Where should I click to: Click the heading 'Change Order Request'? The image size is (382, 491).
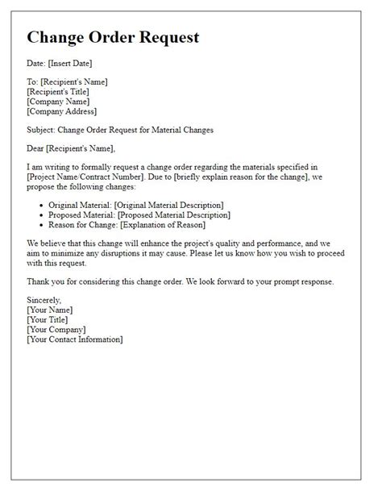click(x=113, y=38)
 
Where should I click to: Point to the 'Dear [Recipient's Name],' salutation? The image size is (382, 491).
click(x=71, y=148)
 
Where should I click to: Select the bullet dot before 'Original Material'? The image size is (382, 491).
click(x=42, y=205)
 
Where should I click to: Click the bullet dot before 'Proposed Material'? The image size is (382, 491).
click(x=42, y=215)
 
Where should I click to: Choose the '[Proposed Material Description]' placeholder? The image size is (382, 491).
click(x=175, y=215)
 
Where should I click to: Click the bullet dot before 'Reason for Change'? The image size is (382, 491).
click(x=42, y=226)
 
